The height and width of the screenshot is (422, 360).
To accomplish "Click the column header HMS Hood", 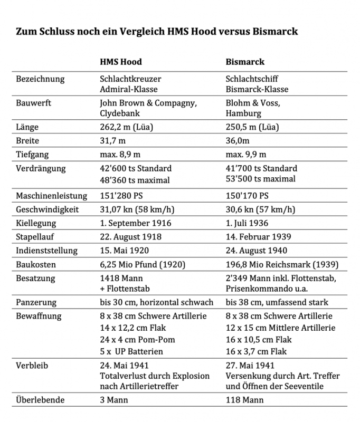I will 121,61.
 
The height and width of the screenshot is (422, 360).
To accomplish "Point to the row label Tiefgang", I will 33,154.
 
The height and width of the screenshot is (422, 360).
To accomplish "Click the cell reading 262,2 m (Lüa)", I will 129,127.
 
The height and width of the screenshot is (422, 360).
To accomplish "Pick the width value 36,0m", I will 238,141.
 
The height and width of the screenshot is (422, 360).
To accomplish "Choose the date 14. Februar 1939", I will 258,237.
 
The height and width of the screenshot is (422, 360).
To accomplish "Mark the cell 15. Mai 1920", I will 123,251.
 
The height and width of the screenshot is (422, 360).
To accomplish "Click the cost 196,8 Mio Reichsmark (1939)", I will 282,264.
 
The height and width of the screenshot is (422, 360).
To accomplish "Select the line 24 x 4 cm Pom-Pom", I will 137,339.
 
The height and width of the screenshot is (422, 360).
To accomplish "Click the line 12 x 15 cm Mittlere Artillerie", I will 279,328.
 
